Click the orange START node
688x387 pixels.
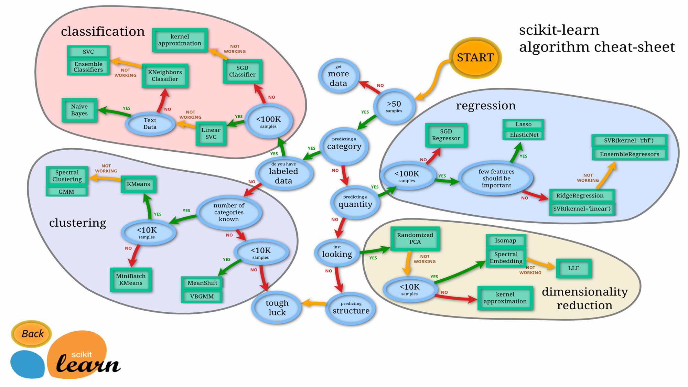point(475,57)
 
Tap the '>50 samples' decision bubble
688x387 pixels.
point(394,106)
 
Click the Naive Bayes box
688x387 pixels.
point(79,110)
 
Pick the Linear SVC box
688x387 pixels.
point(211,133)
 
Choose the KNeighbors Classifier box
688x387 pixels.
point(165,76)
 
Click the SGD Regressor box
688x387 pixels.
point(446,135)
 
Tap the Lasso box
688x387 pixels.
point(523,124)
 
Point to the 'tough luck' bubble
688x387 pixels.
point(277,308)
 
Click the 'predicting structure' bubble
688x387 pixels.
point(351,308)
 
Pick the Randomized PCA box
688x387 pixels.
point(415,238)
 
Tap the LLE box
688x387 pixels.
point(573,268)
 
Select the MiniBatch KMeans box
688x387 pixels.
point(131,279)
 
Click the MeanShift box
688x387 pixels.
point(202,283)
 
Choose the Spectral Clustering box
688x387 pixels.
point(67,176)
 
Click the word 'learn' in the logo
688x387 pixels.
point(88,363)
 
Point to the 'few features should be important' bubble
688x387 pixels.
point(496,178)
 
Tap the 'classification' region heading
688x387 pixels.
point(103,31)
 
